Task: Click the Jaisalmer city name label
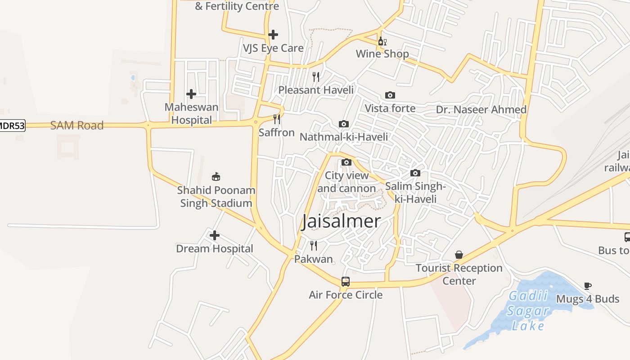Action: coord(342,221)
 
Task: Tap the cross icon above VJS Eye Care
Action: coord(273,35)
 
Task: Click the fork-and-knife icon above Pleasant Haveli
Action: coord(316,77)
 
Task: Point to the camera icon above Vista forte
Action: coord(390,95)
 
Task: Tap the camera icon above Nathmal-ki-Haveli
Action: coord(343,124)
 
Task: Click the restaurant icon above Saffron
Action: coord(277,119)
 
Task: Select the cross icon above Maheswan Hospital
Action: coord(191,94)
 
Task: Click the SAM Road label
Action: coord(77,126)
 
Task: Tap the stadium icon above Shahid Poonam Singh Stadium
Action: coord(216,176)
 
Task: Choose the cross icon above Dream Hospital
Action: coord(215,235)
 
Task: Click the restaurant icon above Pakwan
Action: coord(314,246)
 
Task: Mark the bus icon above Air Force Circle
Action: coord(346,282)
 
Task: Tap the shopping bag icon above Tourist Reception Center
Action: coord(459,255)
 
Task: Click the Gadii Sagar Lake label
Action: coord(528,311)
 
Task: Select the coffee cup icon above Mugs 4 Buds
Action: coord(588,286)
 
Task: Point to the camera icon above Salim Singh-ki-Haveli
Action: coord(415,173)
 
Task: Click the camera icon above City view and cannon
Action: coord(346,162)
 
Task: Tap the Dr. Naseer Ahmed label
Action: coord(481,110)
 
